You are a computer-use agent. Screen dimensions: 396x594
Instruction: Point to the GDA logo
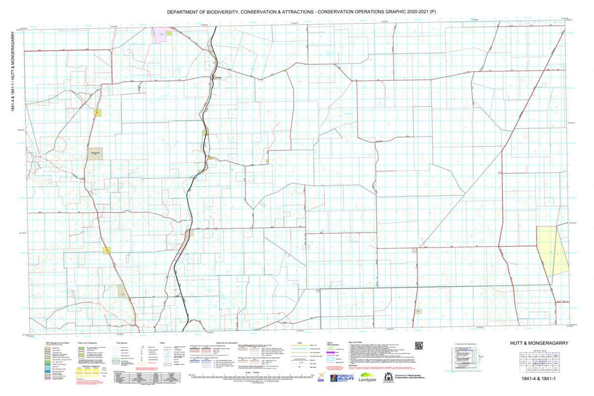[322, 379]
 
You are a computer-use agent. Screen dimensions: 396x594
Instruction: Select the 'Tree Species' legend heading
[122, 342]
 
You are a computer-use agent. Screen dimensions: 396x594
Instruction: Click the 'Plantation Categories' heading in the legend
[85, 366]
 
